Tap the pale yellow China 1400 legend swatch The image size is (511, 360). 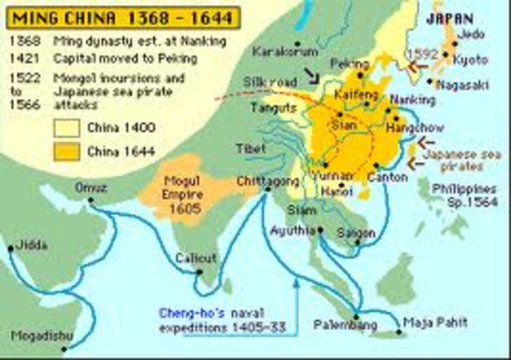[67, 126]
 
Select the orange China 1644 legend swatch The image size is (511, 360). [67, 150]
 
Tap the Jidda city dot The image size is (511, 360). [10, 248]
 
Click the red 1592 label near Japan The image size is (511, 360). [422, 53]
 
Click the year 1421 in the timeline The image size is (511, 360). [22, 58]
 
